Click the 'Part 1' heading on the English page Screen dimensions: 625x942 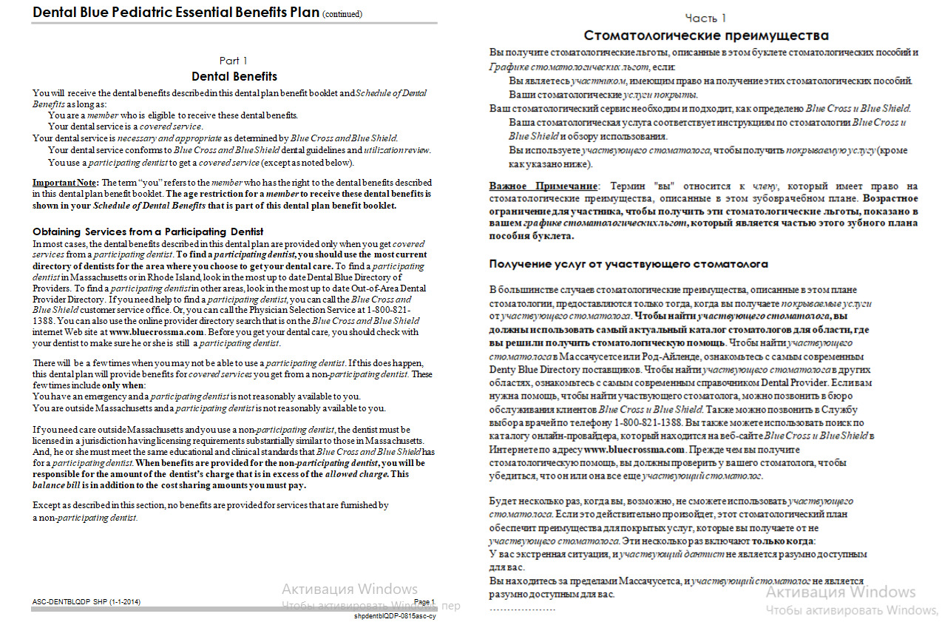coord(234,61)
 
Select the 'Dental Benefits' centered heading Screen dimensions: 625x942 coord(234,76)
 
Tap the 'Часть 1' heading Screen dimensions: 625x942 coord(705,18)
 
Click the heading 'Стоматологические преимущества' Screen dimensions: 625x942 coord(705,36)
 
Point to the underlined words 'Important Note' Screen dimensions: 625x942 coord(65,182)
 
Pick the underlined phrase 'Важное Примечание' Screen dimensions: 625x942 coord(543,186)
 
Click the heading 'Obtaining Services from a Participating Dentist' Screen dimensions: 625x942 coord(148,232)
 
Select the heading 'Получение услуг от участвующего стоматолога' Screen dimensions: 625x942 coord(628,264)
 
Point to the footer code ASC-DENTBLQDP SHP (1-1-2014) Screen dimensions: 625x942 coord(87,603)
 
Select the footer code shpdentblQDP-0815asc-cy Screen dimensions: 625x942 coord(395,615)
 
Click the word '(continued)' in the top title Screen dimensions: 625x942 coord(342,14)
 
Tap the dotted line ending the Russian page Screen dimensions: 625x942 coord(522,609)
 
